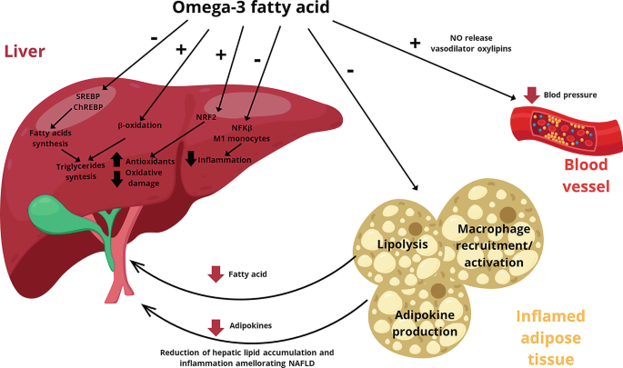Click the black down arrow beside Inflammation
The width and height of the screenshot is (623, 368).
click(x=190, y=159)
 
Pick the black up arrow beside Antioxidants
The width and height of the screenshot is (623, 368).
click(x=117, y=161)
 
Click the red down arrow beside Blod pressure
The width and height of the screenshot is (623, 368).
click(x=533, y=94)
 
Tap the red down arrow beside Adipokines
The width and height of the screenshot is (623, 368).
click(x=216, y=326)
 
